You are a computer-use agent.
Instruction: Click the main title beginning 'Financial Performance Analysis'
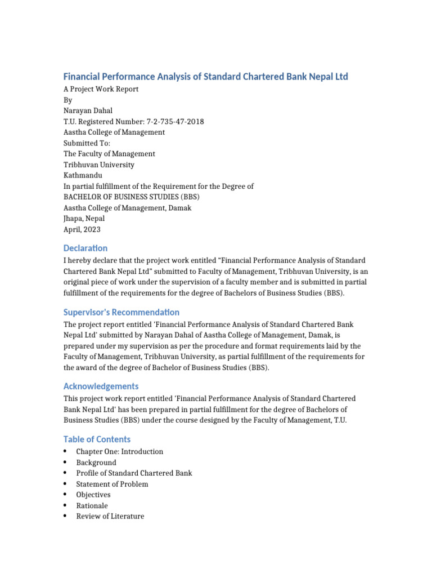pyautogui.click(x=205, y=76)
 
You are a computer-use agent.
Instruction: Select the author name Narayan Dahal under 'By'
pyautogui.click(x=88, y=111)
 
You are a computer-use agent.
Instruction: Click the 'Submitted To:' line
pyautogui.click(x=87, y=143)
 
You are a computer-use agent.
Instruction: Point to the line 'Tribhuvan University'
pyautogui.click(x=98, y=165)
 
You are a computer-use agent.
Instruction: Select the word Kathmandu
pyautogui.click(x=83, y=175)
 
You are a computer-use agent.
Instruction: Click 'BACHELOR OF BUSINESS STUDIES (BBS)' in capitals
pyautogui.click(x=131, y=197)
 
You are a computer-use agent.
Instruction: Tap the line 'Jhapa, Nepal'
pyautogui.click(x=84, y=219)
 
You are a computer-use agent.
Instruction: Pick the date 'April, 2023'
pyautogui.click(x=82, y=229)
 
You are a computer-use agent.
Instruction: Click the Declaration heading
pyautogui.click(x=85, y=248)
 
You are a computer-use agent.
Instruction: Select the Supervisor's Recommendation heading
pyautogui.click(x=121, y=312)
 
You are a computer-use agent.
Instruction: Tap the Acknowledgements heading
pyautogui.click(x=101, y=386)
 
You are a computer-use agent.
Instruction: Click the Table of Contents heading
pyautogui.click(x=97, y=439)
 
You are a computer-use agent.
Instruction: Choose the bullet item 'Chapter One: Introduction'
pyautogui.click(x=119, y=451)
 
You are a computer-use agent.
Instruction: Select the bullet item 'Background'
pyautogui.click(x=96, y=463)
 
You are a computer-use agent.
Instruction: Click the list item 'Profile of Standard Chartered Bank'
pyautogui.click(x=134, y=473)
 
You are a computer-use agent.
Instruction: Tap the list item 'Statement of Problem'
pyautogui.click(x=112, y=484)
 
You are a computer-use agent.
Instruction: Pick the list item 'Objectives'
pyautogui.click(x=93, y=495)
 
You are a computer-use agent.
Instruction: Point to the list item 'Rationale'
pyautogui.click(x=92, y=505)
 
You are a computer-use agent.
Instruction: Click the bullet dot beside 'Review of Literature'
pyautogui.click(x=66, y=516)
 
